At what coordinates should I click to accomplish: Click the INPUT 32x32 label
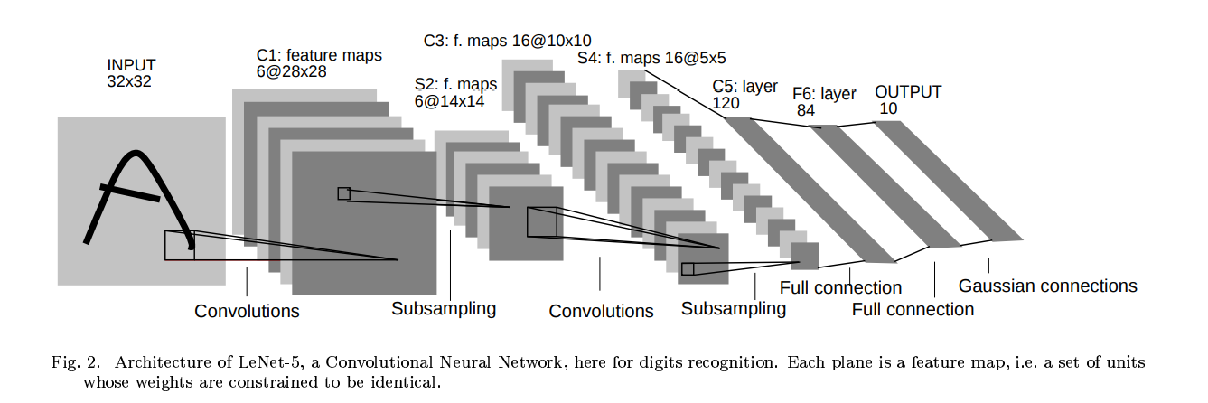click(132, 73)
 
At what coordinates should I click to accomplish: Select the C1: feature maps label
click(319, 56)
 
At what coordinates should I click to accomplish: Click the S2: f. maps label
click(455, 85)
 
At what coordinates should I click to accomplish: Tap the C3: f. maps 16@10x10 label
click(508, 41)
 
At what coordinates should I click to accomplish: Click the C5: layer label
click(745, 87)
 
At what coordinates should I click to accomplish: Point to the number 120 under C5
click(726, 103)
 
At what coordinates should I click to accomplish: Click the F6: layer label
click(824, 93)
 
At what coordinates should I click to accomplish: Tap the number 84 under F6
click(806, 110)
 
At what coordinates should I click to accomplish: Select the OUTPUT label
click(908, 92)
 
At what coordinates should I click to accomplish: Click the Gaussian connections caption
click(1047, 286)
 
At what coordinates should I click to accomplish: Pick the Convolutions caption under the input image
click(247, 311)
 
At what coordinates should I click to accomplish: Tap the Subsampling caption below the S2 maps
click(444, 308)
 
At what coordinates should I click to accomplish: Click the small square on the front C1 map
click(343, 193)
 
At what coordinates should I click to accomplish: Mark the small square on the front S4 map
click(688, 268)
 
